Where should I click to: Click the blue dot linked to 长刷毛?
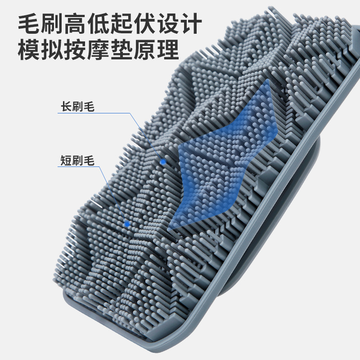[x=163, y=161]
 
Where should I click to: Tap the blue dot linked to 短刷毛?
[x=127, y=223]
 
